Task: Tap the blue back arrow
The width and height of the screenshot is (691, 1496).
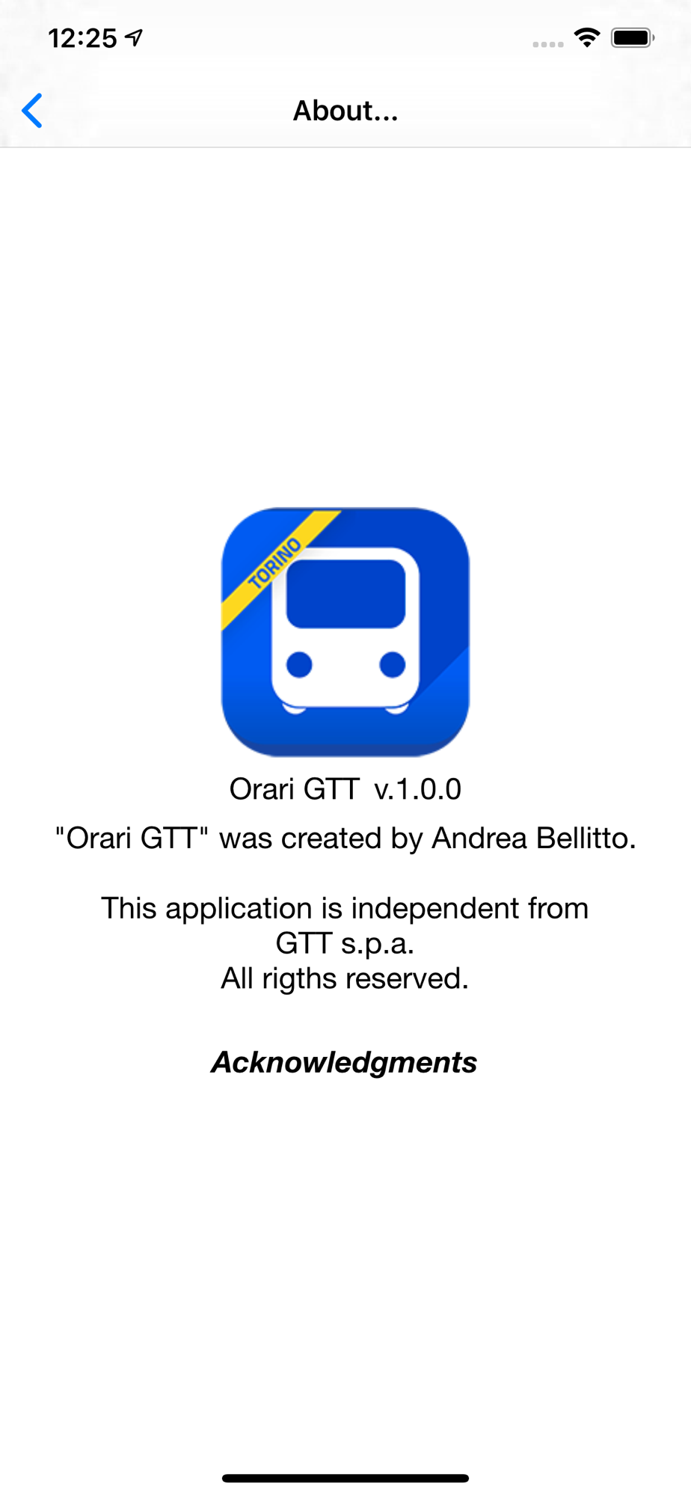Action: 32,111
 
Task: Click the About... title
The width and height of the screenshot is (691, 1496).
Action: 345,111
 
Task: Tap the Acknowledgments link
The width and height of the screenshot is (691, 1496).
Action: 344,1062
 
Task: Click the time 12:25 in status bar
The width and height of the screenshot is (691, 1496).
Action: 82,38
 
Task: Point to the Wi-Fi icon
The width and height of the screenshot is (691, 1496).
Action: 587,37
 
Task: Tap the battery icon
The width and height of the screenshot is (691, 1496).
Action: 633,37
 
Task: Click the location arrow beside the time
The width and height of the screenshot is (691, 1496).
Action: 135,37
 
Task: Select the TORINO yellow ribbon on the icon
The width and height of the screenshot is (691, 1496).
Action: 277,566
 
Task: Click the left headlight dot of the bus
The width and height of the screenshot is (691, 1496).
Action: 299,664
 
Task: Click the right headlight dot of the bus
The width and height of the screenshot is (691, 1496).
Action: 393,664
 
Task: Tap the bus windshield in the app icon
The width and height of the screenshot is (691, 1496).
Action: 345,593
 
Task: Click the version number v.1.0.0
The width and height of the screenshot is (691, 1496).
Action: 418,789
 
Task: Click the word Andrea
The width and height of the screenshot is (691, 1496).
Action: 479,839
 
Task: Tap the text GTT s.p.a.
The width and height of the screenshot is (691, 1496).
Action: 345,944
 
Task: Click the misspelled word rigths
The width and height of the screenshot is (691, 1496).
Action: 299,978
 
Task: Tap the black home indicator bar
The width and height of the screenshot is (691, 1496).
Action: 345,1478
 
